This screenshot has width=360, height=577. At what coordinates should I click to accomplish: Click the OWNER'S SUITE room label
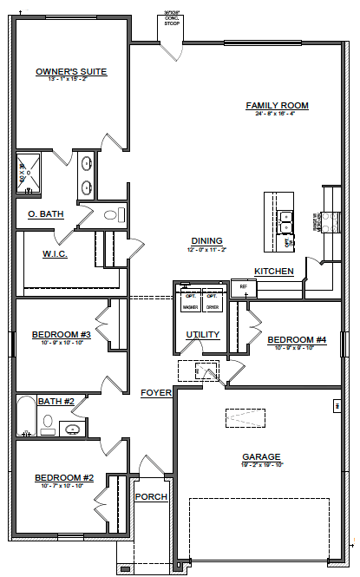click(x=71, y=72)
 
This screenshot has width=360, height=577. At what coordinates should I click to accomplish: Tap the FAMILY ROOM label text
click(x=277, y=106)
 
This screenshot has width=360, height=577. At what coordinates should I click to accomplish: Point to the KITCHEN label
click(x=273, y=272)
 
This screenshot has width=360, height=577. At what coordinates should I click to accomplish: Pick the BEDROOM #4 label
click(x=297, y=339)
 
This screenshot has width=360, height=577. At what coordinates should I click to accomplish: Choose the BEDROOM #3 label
click(x=62, y=334)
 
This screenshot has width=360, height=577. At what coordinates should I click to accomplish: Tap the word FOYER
click(x=156, y=393)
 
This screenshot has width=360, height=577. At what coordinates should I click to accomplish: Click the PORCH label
click(x=151, y=496)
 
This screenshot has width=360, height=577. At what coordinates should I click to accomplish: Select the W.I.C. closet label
click(x=56, y=254)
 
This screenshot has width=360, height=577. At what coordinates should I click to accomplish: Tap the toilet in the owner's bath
click(x=109, y=214)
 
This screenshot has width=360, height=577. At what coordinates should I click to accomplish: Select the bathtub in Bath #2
click(x=25, y=416)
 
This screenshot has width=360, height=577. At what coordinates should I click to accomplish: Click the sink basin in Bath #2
click(x=74, y=428)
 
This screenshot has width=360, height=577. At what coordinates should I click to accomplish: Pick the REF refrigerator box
click(x=243, y=285)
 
